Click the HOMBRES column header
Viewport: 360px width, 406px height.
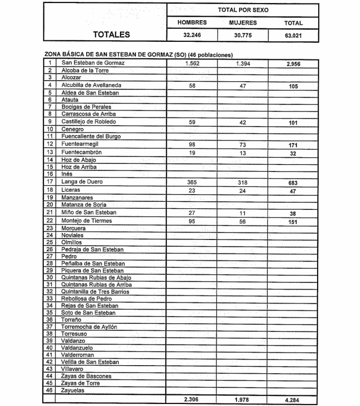tap(192, 23)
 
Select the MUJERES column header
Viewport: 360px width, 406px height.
tap(243, 23)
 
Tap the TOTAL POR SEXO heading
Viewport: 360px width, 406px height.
tap(243, 10)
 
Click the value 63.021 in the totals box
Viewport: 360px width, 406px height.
tap(293, 36)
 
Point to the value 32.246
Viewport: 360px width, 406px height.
tap(192, 36)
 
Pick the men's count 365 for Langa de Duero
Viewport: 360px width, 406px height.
tap(191, 182)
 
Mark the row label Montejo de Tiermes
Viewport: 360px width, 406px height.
tap(87, 221)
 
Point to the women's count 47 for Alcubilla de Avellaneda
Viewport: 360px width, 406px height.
tap(243, 86)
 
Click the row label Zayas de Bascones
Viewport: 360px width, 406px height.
tap(86, 376)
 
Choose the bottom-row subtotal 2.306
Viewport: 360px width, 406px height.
tap(192, 400)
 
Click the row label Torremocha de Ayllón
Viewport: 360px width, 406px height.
tap(89, 327)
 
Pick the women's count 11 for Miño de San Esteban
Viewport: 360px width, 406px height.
tap(243, 213)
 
